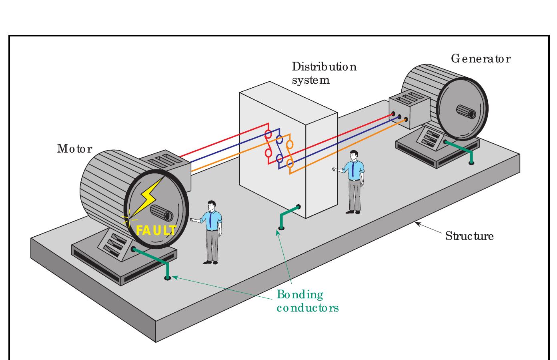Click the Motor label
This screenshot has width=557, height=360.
tap(74, 149)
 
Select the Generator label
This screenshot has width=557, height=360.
tap(481, 59)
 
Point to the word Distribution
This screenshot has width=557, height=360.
tap(324, 66)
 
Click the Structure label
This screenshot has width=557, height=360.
tap(469, 236)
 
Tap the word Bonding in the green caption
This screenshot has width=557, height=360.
tap(300, 295)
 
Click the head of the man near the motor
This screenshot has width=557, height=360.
tap(212, 205)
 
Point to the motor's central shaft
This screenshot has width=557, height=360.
tap(163, 214)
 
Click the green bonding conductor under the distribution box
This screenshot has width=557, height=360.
tap(287, 216)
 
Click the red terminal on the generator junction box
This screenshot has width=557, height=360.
tap(393, 114)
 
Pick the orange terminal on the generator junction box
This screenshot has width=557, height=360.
tap(406, 119)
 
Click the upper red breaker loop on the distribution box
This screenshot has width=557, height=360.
tap(268, 134)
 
